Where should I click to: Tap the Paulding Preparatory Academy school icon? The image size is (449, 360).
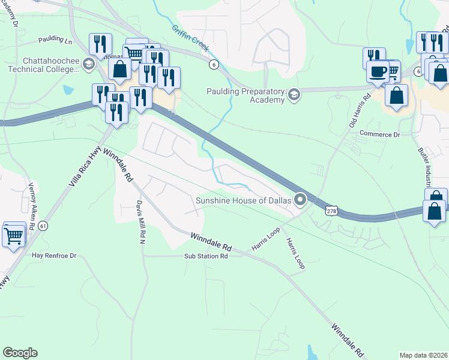point(294,94)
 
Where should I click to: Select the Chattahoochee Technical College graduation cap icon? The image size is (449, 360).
point(89,64)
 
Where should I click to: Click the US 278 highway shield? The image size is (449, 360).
point(332,211)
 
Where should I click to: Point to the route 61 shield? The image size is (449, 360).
point(42,226)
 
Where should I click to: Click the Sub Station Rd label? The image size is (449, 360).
point(206,256)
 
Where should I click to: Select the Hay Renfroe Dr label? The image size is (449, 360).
point(55,256)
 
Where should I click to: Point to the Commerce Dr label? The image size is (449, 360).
point(379,134)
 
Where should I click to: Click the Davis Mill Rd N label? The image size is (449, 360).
point(140,221)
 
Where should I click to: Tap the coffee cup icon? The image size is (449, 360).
point(378,73)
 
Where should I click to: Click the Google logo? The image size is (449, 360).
point(20,353)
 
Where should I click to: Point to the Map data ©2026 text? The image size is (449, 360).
point(423,355)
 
